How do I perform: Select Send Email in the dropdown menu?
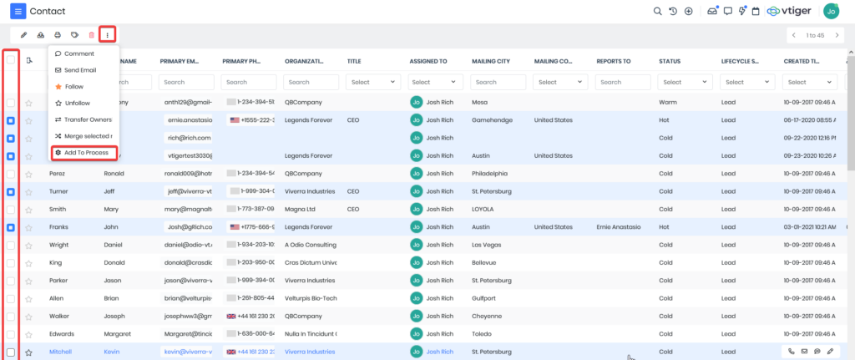point(80,69)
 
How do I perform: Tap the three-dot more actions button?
point(108,35)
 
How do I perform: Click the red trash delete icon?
point(92,35)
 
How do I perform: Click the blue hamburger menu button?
point(18,12)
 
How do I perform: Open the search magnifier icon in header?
point(657,12)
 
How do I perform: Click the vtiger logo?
point(788,12)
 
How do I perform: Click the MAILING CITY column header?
point(493,61)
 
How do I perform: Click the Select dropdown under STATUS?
point(684,82)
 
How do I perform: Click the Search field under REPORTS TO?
point(622,82)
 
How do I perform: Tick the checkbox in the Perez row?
point(11,174)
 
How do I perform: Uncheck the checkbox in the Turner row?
point(11,191)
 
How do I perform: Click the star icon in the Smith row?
point(28,210)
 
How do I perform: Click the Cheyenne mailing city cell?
point(486,317)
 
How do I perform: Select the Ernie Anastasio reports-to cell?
point(620,227)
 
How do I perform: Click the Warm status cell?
point(667,103)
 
